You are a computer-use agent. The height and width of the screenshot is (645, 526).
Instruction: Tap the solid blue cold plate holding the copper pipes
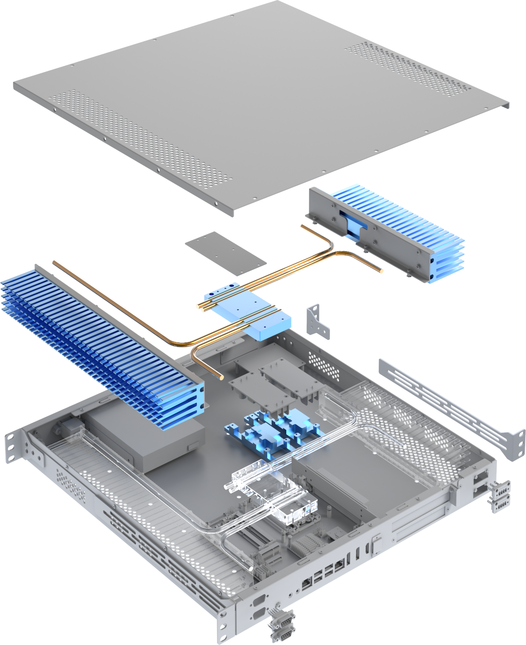click(x=251, y=315)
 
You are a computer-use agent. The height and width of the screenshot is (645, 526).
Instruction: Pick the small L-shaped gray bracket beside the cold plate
click(x=317, y=322)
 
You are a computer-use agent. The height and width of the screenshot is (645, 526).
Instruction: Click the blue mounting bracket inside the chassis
click(x=273, y=433)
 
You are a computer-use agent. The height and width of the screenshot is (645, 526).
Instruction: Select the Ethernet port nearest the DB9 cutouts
click(x=307, y=584)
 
